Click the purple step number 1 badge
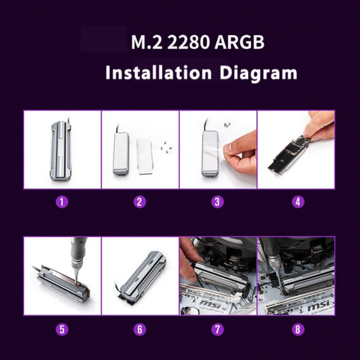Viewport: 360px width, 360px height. pos(62,202)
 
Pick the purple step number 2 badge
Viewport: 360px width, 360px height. pos(139,202)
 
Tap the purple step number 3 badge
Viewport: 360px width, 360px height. pos(217,202)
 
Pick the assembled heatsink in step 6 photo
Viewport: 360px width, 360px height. pos(140,279)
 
